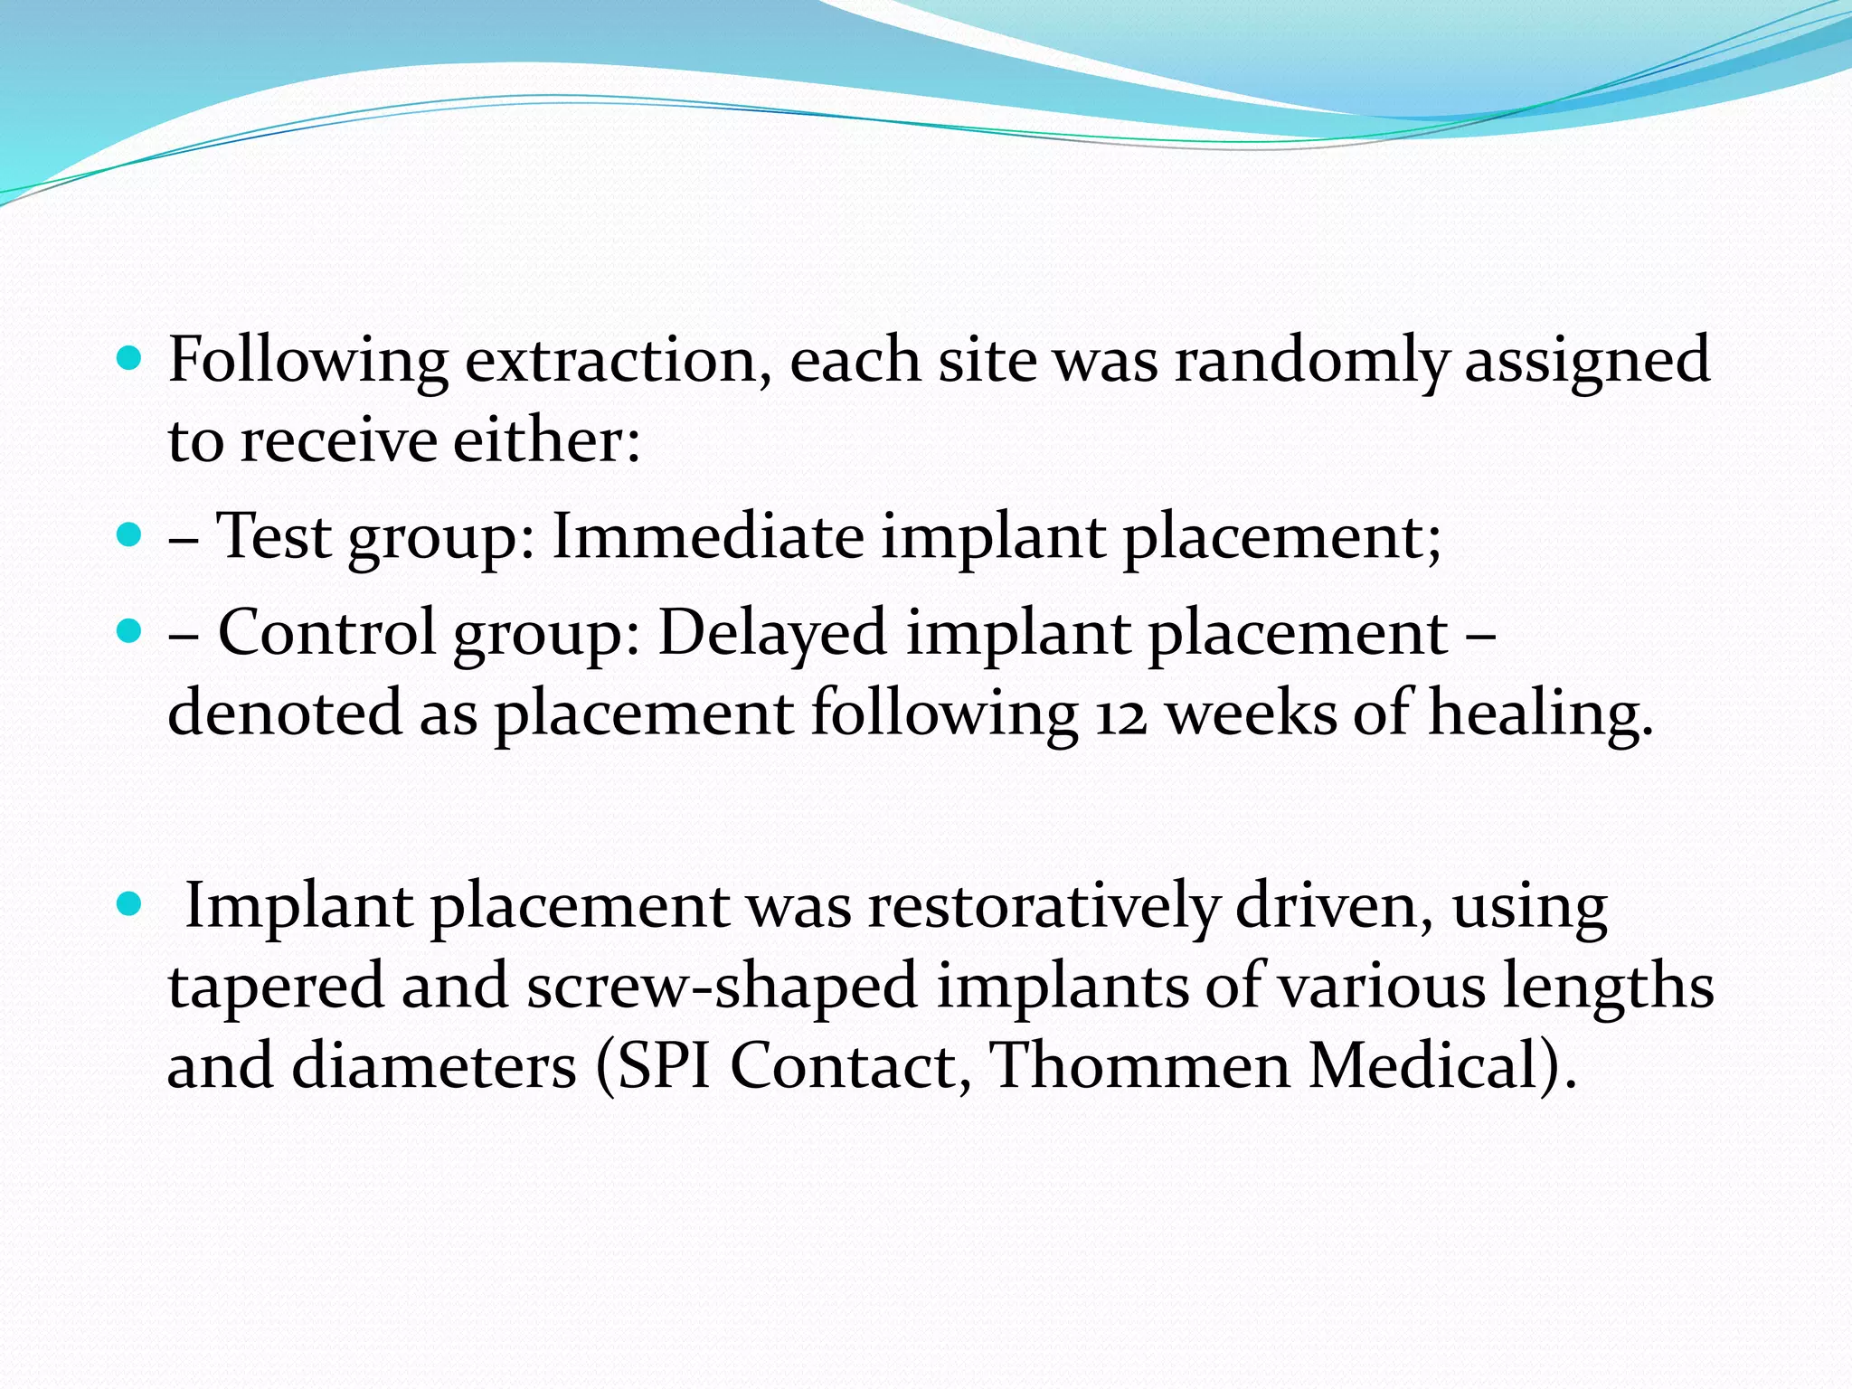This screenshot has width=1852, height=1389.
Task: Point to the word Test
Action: pos(274,536)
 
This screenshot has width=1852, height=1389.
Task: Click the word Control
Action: pos(327,632)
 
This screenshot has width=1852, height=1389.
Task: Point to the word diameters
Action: pos(434,1066)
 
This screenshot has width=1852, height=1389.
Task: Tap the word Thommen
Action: pos(1140,1066)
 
